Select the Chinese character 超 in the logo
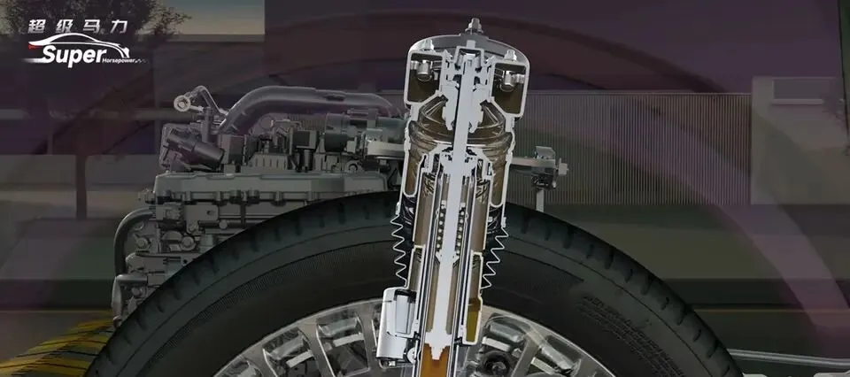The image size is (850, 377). coord(38,26)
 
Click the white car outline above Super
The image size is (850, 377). coord(79,43)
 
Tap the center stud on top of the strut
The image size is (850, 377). coord(475,26)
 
